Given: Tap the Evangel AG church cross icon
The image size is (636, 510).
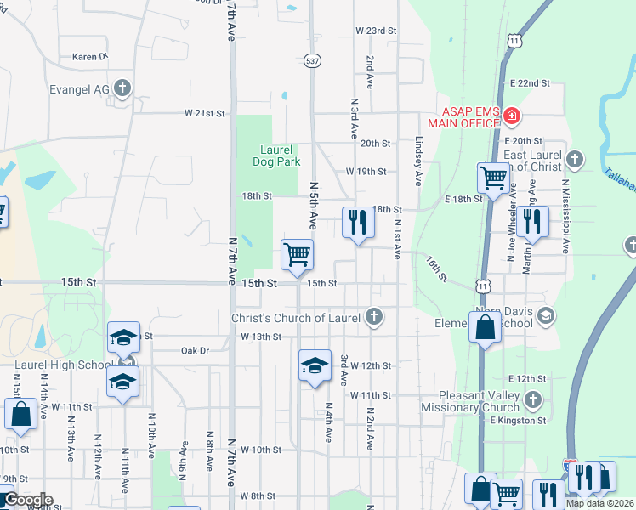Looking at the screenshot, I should [x=122, y=87].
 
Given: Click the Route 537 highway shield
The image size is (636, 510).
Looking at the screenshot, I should [x=312, y=60].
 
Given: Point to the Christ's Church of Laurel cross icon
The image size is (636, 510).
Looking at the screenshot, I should [x=372, y=318].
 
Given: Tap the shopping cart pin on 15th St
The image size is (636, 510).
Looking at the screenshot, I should [x=297, y=254].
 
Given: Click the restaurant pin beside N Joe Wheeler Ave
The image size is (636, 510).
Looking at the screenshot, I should [x=532, y=221].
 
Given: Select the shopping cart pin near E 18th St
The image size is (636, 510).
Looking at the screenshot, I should [x=492, y=178].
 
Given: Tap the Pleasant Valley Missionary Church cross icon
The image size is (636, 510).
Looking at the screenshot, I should [x=532, y=399].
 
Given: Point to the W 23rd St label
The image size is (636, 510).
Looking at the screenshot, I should [x=376, y=31].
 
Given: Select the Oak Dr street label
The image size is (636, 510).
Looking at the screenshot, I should [x=195, y=350].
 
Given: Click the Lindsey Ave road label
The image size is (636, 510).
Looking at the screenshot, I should [x=418, y=162].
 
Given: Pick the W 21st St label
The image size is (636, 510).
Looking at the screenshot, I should [x=206, y=113].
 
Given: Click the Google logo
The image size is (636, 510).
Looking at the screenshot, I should [x=27, y=500].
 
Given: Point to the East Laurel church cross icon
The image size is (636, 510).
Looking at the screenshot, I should [x=575, y=159].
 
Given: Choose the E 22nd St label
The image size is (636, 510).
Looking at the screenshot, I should [x=530, y=83].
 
